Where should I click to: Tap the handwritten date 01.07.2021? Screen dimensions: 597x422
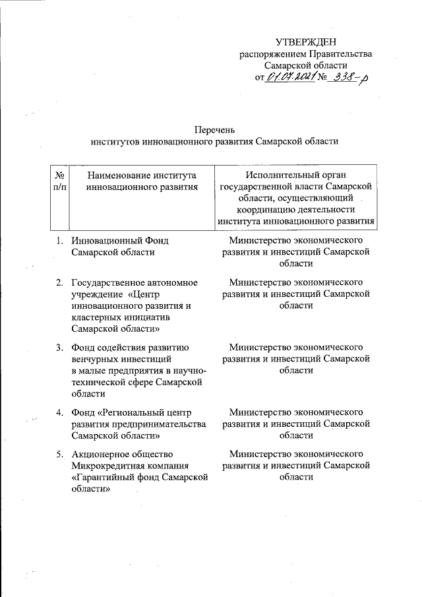click(290, 77)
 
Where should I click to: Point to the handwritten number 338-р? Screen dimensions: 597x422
click(349, 77)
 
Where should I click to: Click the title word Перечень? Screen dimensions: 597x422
click(215, 129)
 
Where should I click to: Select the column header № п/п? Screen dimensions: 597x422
click(60, 181)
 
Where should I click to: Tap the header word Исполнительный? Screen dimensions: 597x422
click(276, 175)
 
